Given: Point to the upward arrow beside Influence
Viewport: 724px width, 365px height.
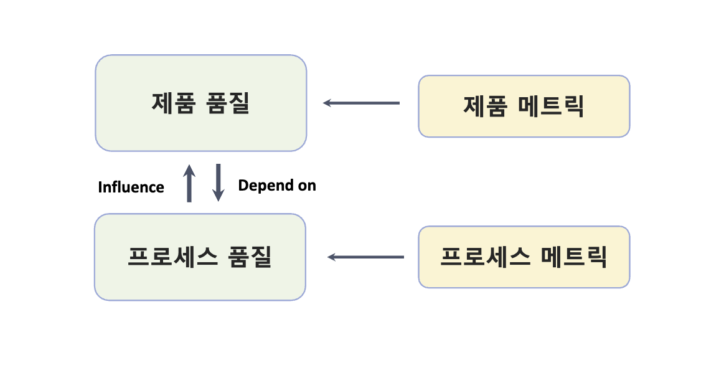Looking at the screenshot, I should pyautogui.click(x=190, y=183).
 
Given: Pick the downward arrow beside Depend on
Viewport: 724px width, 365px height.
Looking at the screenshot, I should pyautogui.click(x=218, y=183).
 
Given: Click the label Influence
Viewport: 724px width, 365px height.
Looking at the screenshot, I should pyautogui.click(x=131, y=187).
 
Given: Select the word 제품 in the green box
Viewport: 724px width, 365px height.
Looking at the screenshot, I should pyautogui.click(x=171, y=103).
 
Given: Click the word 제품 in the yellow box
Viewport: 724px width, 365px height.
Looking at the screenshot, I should pyautogui.click(x=484, y=106).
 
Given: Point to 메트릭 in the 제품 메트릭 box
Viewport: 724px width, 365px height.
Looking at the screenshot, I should pyautogui.click(x=551, y=106).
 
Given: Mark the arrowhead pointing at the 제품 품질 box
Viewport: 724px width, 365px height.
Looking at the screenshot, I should pyautogui.click(x=327, y=103).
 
